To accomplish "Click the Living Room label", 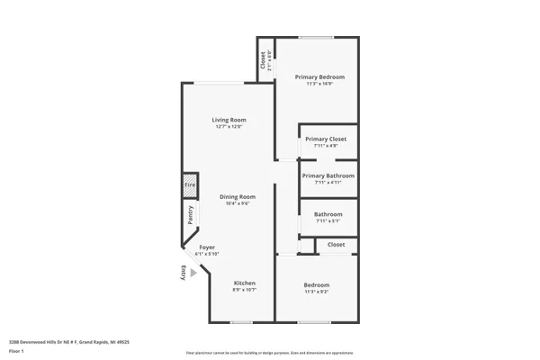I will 229,120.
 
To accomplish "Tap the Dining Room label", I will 238,196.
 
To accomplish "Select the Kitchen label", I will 245,283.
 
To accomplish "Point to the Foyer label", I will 207,247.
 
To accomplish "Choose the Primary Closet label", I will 325,139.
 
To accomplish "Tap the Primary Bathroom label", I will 328,175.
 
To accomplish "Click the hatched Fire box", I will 190,186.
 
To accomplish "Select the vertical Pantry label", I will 191,215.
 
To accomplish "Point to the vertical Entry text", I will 183,273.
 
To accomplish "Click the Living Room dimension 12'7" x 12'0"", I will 229,127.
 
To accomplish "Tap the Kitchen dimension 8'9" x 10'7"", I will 245,290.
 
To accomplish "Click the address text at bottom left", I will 69,342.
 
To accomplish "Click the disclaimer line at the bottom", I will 269,353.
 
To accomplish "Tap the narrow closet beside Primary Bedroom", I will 265,60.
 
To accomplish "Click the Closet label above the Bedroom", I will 336,245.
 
